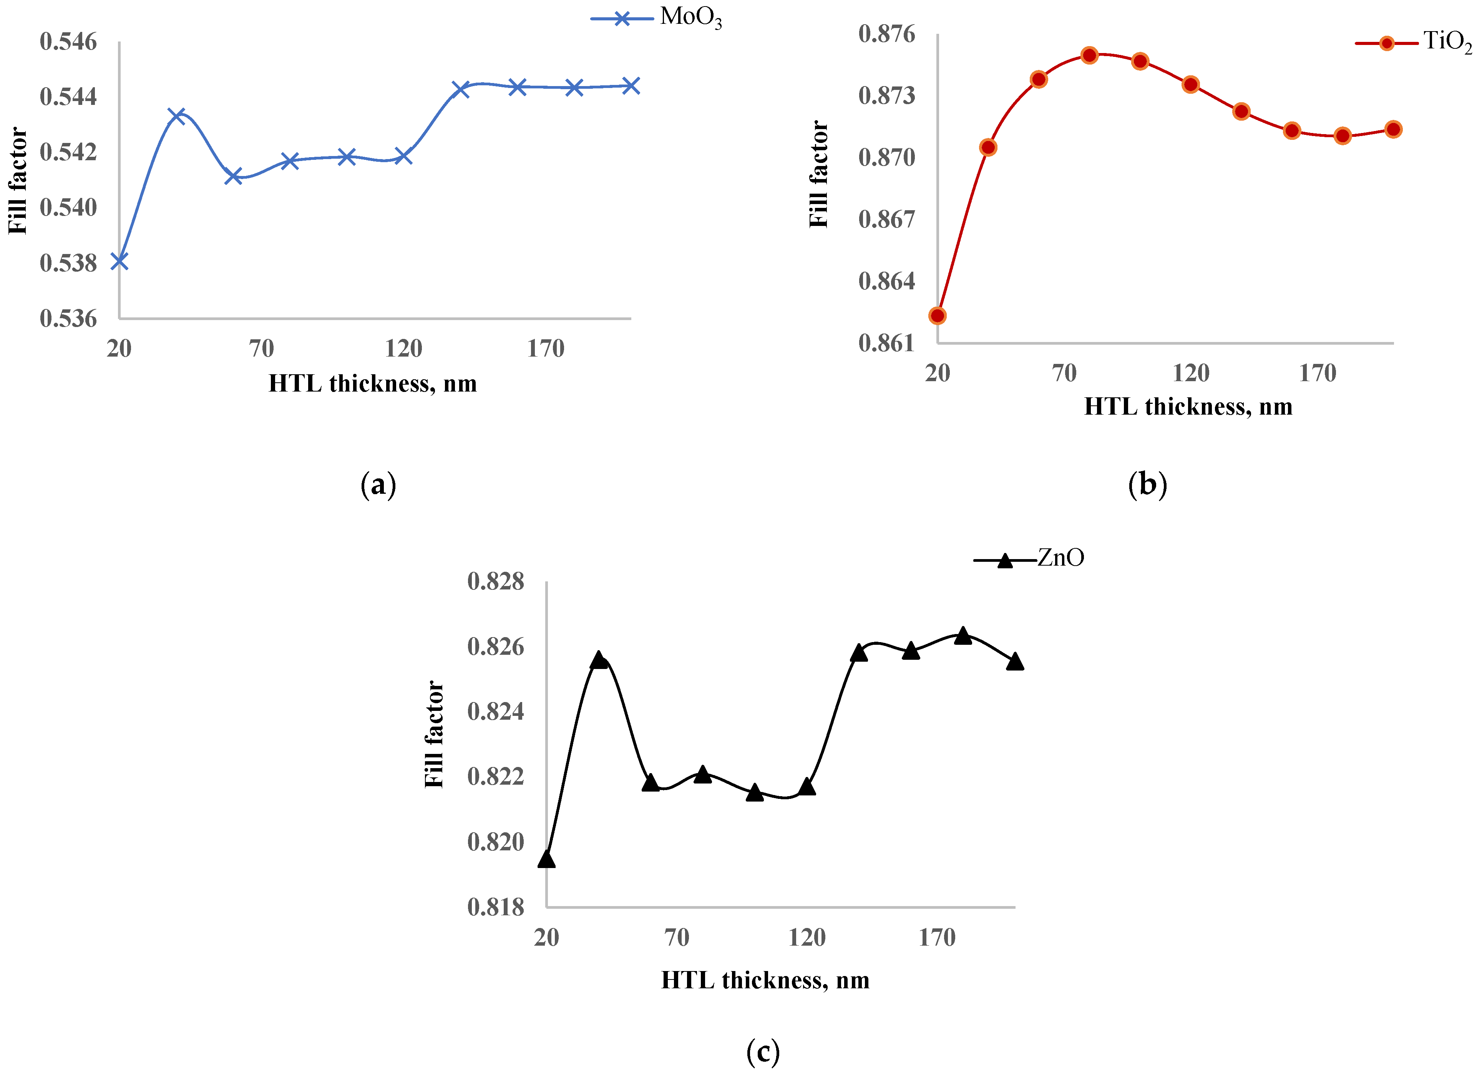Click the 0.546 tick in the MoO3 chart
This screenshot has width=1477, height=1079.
point(68,42)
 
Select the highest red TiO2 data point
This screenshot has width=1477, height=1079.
point(1089,55)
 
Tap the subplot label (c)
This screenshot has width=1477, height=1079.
point(763,1052)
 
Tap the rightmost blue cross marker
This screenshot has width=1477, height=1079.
point(631,86)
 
